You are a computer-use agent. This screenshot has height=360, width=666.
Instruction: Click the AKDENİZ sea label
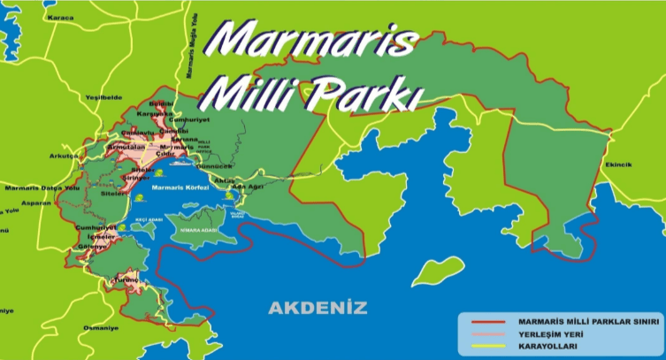pos(317,308)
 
